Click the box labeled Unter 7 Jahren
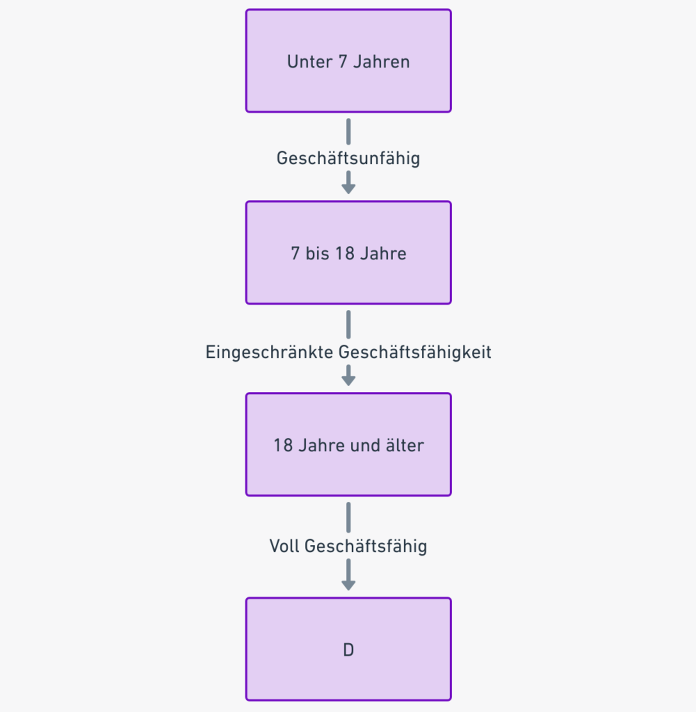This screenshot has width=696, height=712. [x=348, y=61]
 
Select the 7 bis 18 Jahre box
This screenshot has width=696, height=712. [x=348, y=253]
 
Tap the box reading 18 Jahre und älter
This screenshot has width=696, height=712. [x=348, y=444]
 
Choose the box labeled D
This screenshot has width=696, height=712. [x=348, y=649]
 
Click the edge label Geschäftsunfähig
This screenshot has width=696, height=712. [x=348, y=159]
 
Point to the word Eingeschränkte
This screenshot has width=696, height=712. [x=269, y=353]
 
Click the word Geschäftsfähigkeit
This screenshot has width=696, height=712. [x=415, y=353]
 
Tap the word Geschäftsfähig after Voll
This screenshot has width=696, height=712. [x=366, y=547]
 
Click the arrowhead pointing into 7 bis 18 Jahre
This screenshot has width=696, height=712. [x=348, y=188]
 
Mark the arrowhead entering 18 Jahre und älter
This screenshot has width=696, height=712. [x=348, y=380]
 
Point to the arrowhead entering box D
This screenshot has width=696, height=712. [x=348, y=585]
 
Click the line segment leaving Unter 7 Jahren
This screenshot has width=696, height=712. [x=348, y=131]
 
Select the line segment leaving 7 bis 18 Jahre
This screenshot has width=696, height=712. [x=348, y=324]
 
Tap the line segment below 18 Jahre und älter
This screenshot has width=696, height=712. [x=348, y=517]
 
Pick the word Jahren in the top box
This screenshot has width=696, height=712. [x=381, y=62]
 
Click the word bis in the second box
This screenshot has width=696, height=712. [x=317, y=253]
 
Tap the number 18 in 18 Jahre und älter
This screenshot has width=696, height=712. [x=283, y=446]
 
